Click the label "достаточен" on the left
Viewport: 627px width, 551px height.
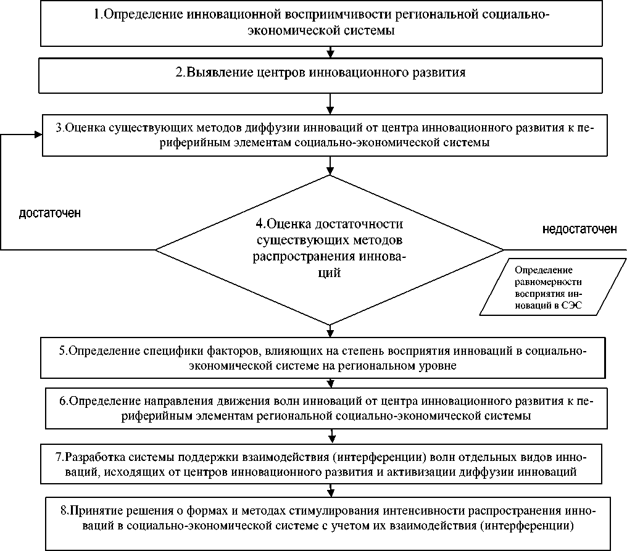tap(51, 213)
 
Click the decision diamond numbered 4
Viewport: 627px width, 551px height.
tap(330, 249)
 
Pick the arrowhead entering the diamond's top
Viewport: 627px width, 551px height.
tap(331, 170)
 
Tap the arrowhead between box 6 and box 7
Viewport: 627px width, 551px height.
tap(331, 439)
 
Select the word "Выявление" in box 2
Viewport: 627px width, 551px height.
tap(214, 72)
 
